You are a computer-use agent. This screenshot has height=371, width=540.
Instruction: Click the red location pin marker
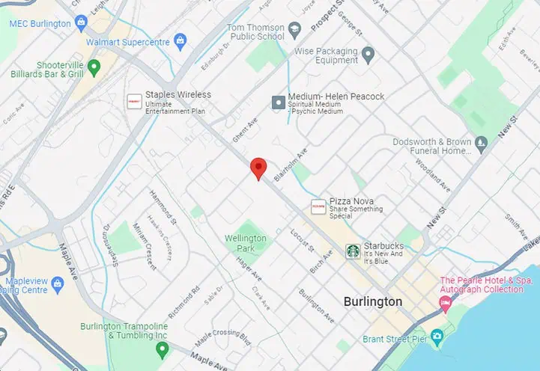[258, 168]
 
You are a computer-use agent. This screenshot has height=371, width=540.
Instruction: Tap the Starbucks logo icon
[352, 251]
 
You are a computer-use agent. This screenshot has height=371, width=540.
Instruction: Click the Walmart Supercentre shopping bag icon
[180, 39]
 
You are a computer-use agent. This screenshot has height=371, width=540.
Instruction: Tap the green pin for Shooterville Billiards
[94, 68]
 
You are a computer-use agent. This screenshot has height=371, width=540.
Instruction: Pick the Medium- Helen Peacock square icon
[279, 102]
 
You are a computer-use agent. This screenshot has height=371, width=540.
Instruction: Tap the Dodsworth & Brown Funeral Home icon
[482, 141]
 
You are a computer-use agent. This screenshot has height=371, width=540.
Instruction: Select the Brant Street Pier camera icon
[437, 336]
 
